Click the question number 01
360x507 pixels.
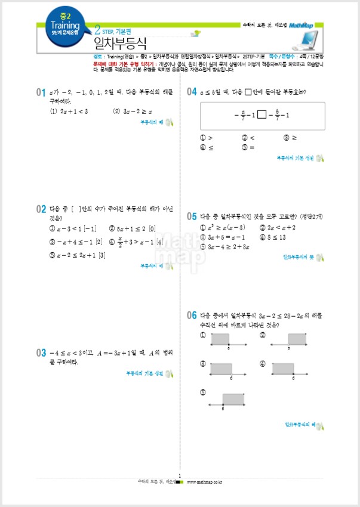41,92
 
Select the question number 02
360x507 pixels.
41,209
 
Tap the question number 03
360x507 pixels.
41,353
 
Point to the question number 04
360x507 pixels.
192,92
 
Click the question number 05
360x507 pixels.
192,217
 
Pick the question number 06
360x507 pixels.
192,315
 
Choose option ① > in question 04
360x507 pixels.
207,137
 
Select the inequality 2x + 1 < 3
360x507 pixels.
69,111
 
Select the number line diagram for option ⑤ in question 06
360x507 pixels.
227,400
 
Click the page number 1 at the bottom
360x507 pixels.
180,475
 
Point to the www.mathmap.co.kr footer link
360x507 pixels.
205,481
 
